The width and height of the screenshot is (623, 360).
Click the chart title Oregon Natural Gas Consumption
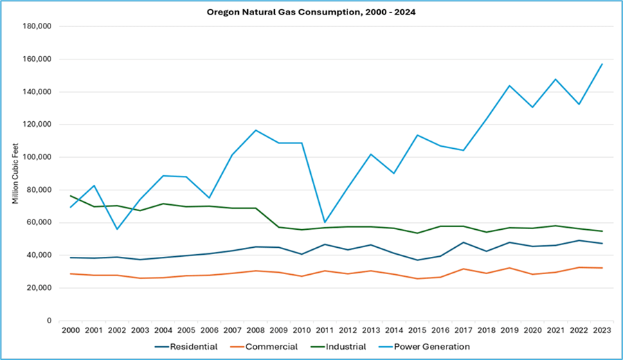click(311, 12)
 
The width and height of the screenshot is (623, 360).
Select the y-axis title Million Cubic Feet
click(15, 173)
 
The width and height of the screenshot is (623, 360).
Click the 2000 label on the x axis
click(70, 331)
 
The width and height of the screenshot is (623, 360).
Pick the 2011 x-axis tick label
click(324, 331)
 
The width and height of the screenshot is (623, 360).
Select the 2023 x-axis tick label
click(602, 331)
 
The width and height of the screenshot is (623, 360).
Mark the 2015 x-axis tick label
click(417, 331)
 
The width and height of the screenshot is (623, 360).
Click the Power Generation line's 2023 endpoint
click(602, 64)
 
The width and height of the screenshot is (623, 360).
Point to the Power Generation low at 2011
click(324, 222)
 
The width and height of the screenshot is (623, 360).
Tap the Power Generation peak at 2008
click(255, 130)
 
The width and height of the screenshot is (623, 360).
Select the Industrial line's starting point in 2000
click(70, 196)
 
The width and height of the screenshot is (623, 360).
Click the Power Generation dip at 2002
click(116, 229)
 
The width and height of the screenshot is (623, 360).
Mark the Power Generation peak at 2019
click(509, 86)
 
